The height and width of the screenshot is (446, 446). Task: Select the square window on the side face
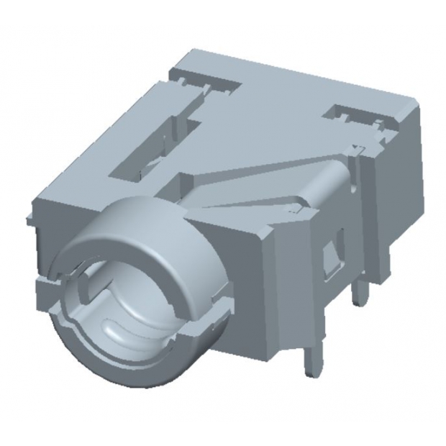coord(332,256)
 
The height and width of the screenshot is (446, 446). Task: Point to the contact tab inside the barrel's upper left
coord(83,288)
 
